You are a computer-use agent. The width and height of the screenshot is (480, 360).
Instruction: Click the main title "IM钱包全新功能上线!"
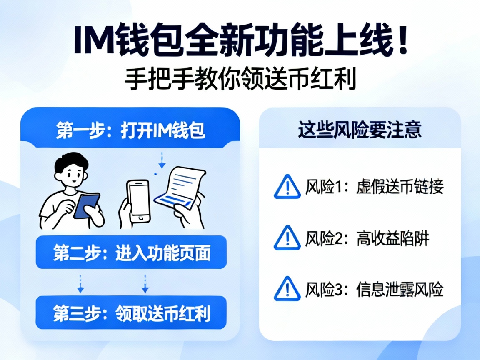pyautogui.click(x=240, y=40)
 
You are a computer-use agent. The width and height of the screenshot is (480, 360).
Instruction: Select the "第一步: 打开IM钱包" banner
pyautogui.click(x=130, y=130)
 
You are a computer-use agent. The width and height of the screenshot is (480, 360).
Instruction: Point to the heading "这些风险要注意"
pyautogui.click(x=360, y=130)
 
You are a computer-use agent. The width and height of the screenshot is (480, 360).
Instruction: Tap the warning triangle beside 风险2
pyautogui.click(x=287, y=238)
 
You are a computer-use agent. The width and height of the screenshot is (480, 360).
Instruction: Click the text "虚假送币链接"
pyautogui.click(x=400, y=187)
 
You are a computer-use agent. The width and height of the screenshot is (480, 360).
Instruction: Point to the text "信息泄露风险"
pyautogui.click(x=400, y=290)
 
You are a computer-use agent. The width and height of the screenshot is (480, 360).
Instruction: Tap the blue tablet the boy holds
pyautogui.click(x=86, y=205)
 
